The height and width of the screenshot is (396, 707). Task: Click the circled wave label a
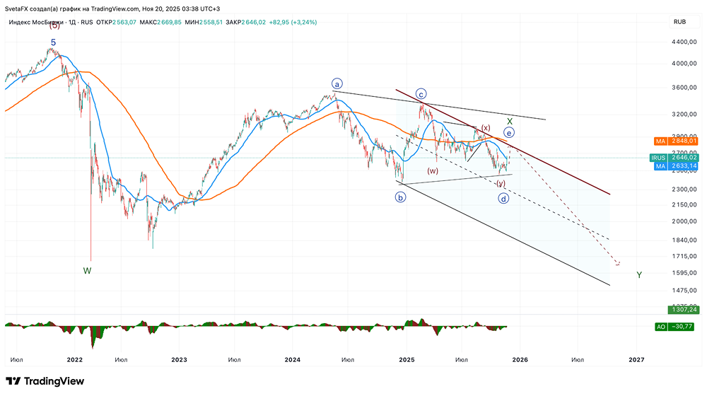point(337,84)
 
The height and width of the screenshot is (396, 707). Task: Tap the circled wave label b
point(401,197)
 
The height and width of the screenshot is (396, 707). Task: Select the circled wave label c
point(421,93)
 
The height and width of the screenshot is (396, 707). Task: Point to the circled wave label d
point(504,199)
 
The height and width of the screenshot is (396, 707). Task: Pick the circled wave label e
point(509,132)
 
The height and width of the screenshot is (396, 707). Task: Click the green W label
point(87,270)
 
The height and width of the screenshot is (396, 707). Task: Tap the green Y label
point(639,274)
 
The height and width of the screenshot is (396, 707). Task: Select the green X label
point(509,122)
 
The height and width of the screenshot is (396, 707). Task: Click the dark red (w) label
point(432,171)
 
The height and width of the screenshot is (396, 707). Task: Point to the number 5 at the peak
point(53,43)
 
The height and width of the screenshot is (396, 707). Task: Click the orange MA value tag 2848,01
point(678,141)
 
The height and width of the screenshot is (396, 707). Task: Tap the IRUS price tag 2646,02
point(678,158)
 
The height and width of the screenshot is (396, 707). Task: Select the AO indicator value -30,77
point(678,326)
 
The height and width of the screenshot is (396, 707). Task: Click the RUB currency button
point(679,22)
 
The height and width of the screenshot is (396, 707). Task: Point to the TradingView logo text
point(54,381)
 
